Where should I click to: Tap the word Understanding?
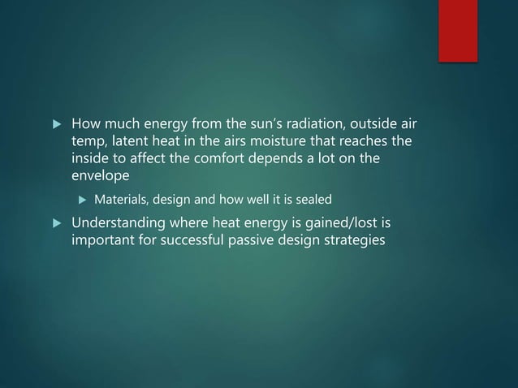pyautogui.click(x=119, y=223)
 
